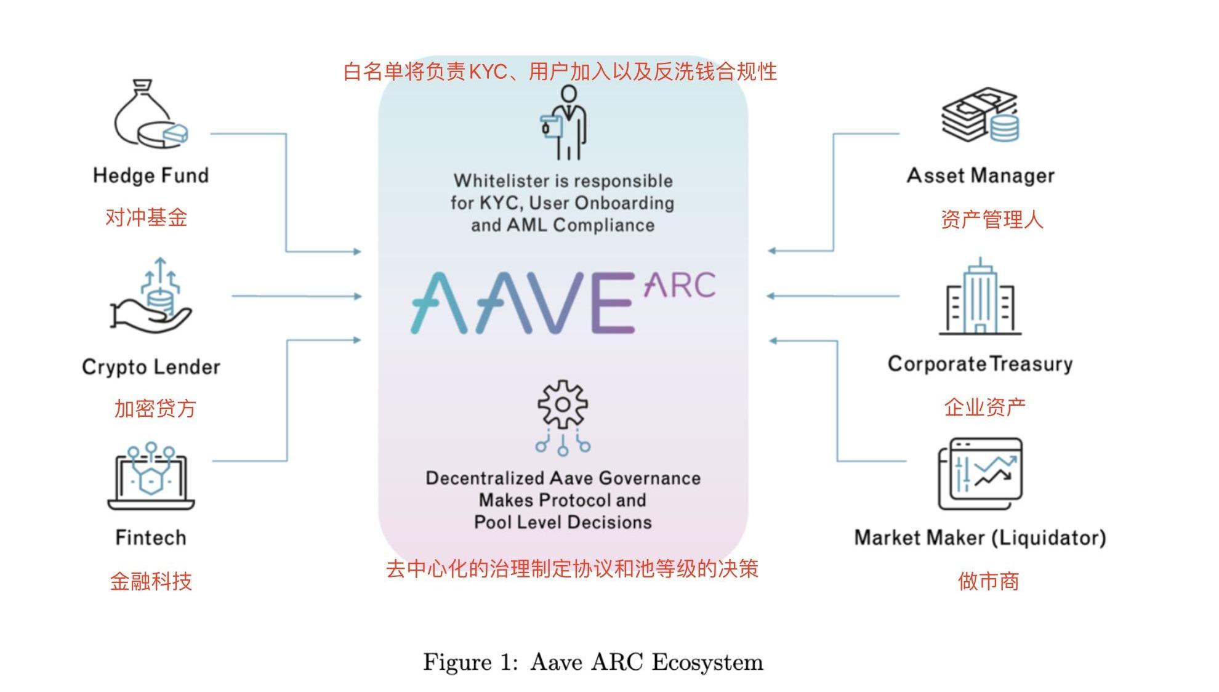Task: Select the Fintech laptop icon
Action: point(151,476)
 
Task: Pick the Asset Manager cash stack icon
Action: point(980,115)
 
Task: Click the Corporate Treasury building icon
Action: point(980,297)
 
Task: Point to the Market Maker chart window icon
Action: point(980,473)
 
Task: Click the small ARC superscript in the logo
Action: point(680,285)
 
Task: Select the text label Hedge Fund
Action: point(151,175)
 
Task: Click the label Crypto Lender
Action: point(151,367)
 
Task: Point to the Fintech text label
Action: point(151,537)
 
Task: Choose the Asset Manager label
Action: point(980,175)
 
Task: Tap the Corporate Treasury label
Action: point(980,364)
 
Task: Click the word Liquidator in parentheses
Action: point(1049,537)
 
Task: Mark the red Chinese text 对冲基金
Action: point(146,217)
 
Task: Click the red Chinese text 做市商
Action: point(988,581)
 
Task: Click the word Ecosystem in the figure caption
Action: point(707,662)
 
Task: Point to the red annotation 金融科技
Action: point(151,581)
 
